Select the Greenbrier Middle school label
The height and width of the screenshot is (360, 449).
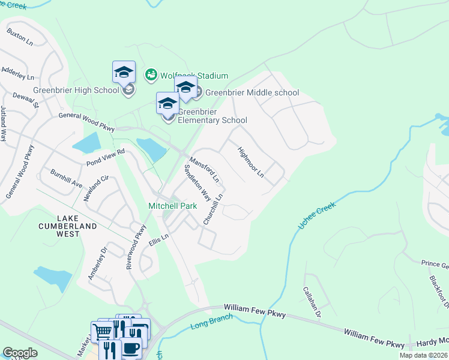252,92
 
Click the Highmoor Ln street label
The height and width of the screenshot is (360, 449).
250,162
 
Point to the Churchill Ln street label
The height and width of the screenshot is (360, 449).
213,209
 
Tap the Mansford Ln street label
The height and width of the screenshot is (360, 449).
204,171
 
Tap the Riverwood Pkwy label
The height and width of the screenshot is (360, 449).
137,247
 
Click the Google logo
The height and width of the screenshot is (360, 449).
20,353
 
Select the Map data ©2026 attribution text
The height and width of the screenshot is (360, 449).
423,355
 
